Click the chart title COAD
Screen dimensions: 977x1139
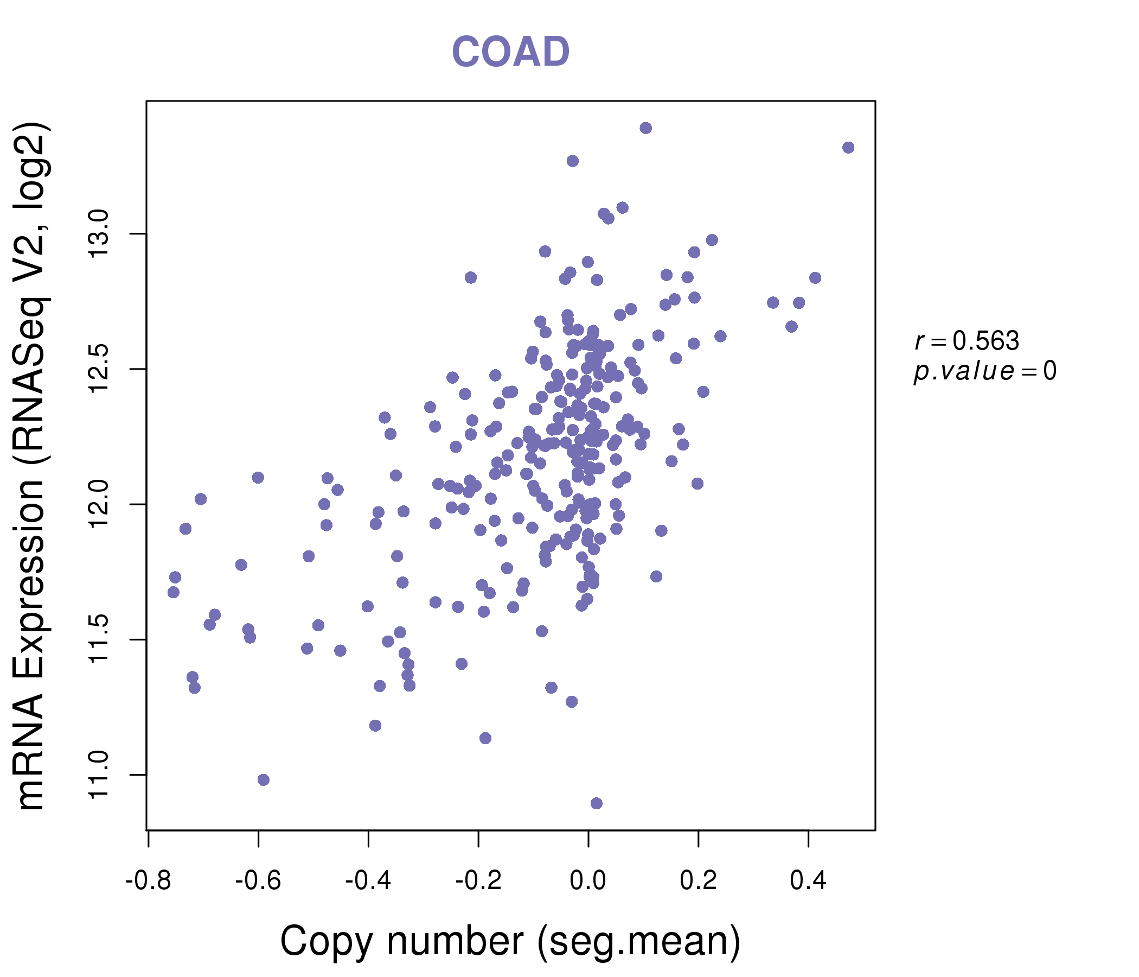pos(510,52)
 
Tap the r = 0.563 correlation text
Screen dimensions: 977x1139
pos(967,341)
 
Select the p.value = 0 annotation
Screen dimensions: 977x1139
pos(984,371)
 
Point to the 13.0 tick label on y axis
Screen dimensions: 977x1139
pos(99,234)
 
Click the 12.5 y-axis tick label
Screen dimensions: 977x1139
pos(99,369)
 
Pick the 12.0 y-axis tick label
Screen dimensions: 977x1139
pos(99,504)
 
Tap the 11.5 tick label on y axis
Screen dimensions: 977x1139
pos(99,639)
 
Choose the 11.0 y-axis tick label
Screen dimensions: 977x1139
pos(99,775)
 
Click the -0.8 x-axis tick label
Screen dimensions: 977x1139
pos(149,881)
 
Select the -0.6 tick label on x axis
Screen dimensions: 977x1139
pos(258,881)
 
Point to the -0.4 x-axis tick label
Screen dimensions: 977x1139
pos(368,881)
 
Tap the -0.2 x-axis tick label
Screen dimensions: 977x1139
pos(478,881)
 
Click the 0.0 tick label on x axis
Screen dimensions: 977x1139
pos(588,881)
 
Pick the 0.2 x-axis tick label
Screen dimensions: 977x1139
pos(698,881)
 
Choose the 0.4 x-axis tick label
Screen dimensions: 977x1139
pos(808,881)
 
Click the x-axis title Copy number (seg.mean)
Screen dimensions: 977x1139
pos(510,941)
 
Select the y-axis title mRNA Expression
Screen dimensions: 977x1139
pos(32,465)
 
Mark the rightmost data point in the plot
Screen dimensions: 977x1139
pos(848,148)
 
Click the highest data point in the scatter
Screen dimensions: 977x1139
pos(646,128)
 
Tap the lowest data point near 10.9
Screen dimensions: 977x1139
pos(597,804)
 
